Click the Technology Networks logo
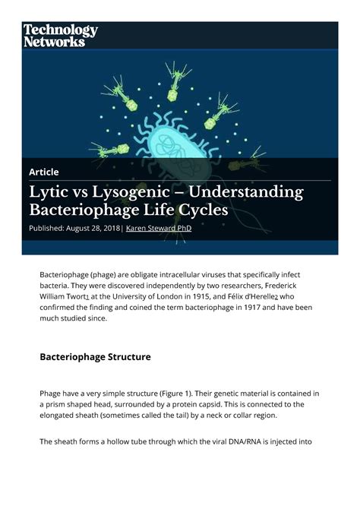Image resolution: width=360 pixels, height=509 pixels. point(60,35)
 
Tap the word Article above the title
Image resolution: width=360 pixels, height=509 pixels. point(44,172)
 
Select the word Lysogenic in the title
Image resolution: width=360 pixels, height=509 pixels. point(137,192)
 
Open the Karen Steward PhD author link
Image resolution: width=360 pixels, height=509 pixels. point(158,228)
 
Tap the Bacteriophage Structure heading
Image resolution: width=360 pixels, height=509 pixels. point(95,356)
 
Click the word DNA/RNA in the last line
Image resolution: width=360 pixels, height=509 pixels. point(245,441)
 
